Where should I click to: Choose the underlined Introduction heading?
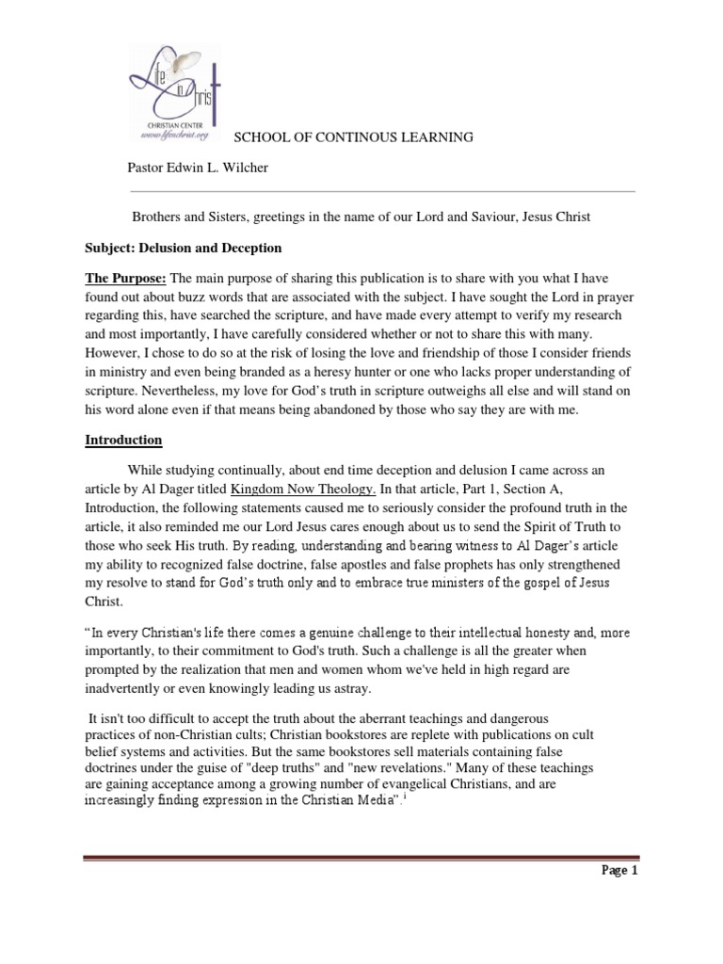click(123, 440)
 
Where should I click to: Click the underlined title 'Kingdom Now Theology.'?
click(303, 488)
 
